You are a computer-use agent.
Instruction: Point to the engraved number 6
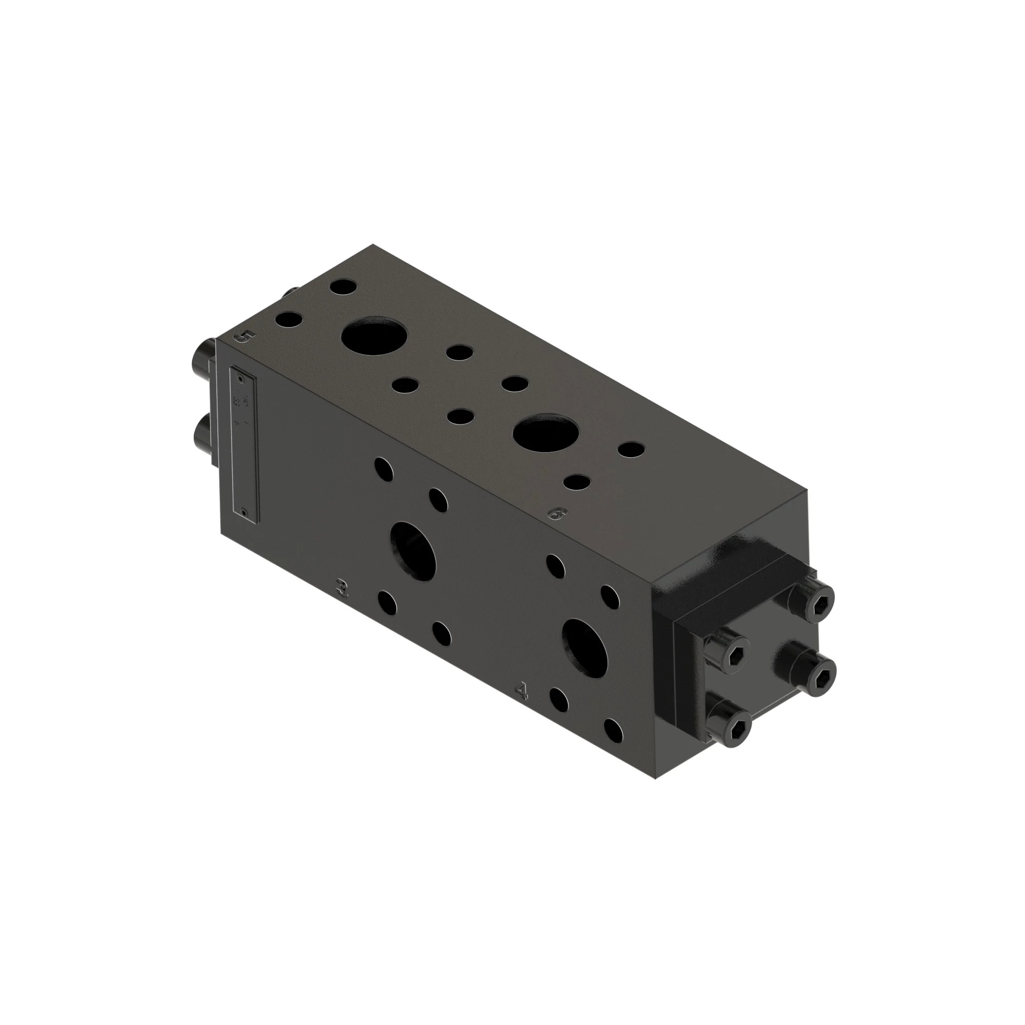tap(558, 513)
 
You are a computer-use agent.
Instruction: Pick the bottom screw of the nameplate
tap(243, 512)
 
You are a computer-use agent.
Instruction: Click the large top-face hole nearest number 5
tap(375, 338)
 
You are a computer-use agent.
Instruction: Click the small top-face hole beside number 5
tap(288, 320)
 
